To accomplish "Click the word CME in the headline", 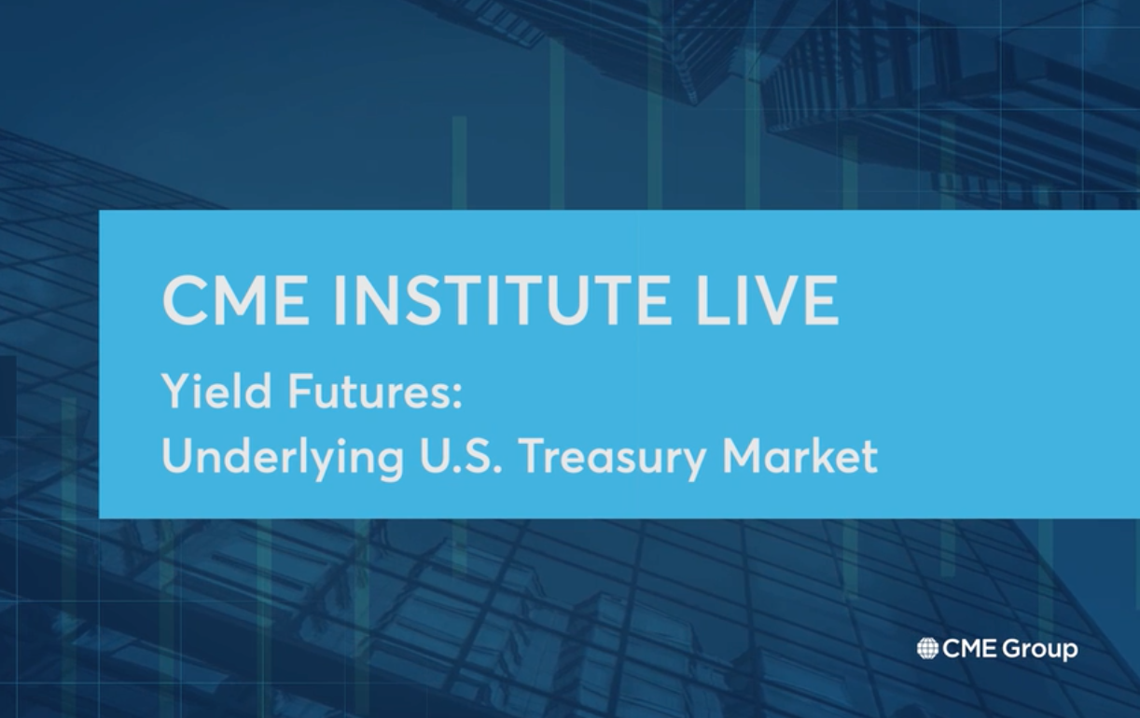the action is (236, 299).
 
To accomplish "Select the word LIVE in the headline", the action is (767, 299).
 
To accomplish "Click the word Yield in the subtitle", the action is (216, 391).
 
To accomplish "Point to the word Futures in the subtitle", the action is (368, 391).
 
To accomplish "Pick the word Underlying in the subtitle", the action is (283, 456).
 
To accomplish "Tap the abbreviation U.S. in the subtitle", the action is (461, 455).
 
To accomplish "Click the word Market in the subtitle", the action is (800, 455).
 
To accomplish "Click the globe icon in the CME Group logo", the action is (927, 649).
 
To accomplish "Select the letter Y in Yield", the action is (177, 391).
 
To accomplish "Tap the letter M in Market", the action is (743, 455).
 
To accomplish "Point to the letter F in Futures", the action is (299, 391).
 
